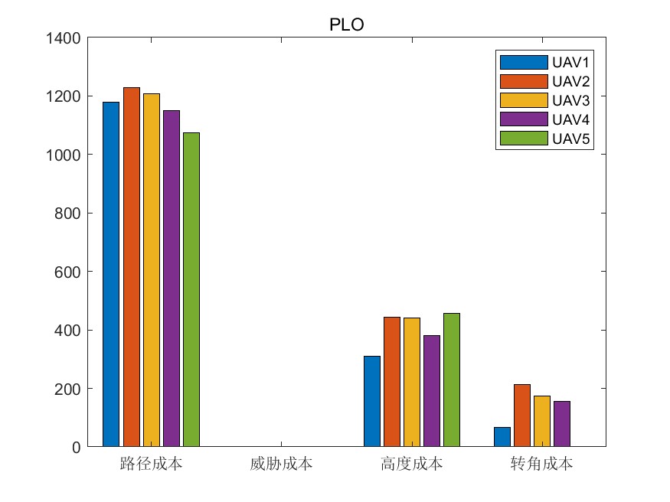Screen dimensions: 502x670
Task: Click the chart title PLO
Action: click(x=346, y=24)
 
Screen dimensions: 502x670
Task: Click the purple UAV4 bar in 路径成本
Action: click(x=171, y=279)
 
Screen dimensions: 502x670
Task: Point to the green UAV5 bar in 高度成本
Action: click(x=452, y=380)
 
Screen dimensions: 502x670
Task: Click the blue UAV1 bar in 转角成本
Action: click(x=502, y=437)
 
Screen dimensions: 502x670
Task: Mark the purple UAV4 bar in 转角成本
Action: click(x=562, y=424)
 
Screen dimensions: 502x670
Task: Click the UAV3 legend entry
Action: click(x=545, y=100)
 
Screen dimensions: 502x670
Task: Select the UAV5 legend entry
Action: click(x=545, y=139)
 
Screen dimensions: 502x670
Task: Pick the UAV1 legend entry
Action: click(x=545, y=62)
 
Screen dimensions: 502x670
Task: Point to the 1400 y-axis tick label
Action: click(x=65, y=37)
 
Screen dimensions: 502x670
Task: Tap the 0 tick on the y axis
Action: click(x=77, y=447)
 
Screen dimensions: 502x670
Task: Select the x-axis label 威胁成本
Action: click(x=281, y=464)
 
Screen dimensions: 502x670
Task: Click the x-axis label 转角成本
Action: click(x=541, y=464)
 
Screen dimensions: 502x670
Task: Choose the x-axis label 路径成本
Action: click(x=151, y=464)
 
